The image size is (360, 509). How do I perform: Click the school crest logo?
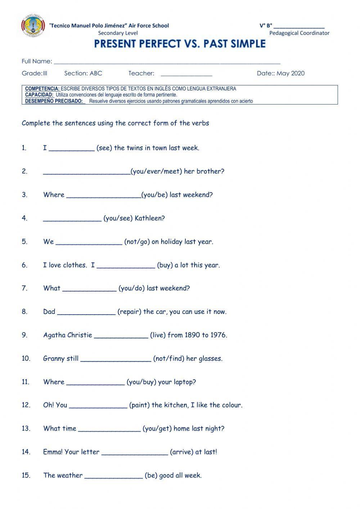pos(33,26)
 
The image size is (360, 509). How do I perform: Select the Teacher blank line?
pos(186,74)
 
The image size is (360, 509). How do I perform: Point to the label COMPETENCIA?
pos(42,89)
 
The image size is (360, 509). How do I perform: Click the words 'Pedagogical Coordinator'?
pos(299,33)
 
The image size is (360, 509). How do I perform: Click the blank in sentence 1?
pos(71,148)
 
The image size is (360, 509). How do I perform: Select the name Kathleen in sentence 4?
pos(149,218)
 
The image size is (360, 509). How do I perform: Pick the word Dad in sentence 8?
pos(49,312)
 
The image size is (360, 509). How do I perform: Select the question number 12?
pos(26,405)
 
